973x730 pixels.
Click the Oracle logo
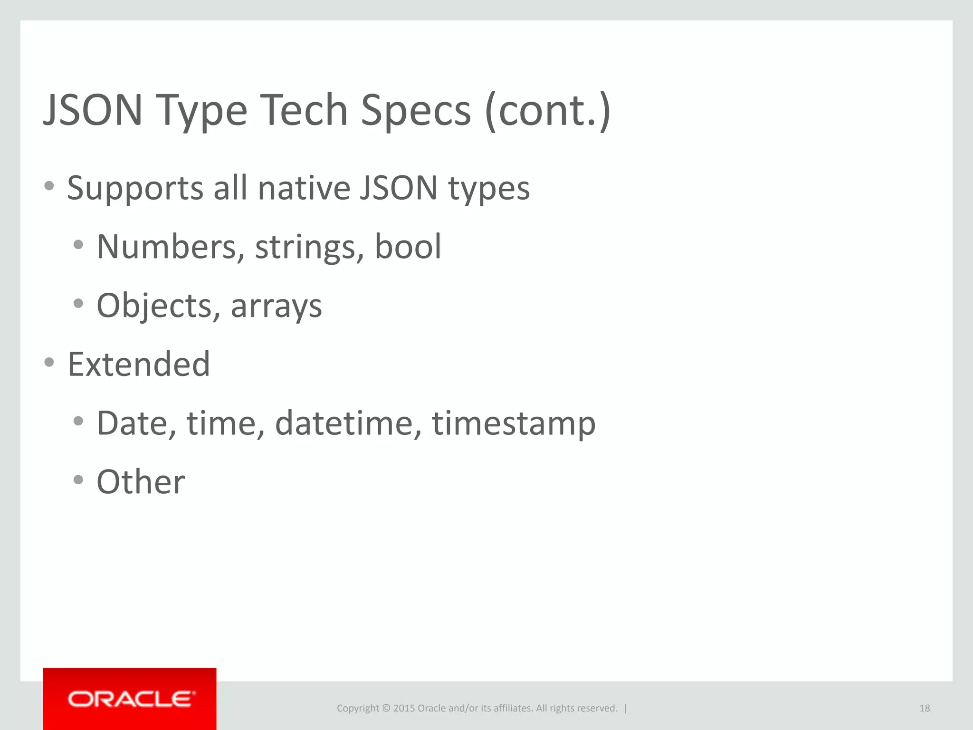(131, 699)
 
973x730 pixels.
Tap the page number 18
(924, 708)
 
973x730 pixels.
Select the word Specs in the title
(416, 110)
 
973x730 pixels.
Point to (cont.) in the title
(547, 110)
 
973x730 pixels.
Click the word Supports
(135, 189)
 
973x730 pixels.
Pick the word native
(304, 188)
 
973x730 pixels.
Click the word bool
(408, 246)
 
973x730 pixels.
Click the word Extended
(139, 364)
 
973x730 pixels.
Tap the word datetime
(348, 423)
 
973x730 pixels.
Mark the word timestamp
(513, 423)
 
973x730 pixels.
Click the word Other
(141, 482)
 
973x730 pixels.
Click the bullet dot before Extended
(49, 363)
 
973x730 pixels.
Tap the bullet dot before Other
(78, 480)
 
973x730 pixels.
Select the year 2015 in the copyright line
(404, 708)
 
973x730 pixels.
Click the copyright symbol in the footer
(386, 708)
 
